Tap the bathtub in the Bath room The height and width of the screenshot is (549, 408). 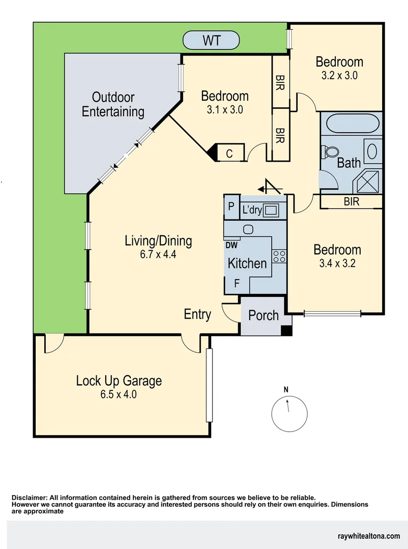pos(352,124)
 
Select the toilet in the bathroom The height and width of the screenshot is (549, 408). pos(331,151)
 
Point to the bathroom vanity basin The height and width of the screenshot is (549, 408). pos(372,151)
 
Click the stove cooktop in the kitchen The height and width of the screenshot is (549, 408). pos(279,256)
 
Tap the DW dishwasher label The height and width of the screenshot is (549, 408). pos(231,245)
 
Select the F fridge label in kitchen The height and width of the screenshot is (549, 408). pos(237,284)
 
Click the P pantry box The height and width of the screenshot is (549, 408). pos(230,207)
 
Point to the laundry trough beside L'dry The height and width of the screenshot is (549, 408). pos(270,209)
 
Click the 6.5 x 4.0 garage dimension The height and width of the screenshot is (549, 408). pos(119,394)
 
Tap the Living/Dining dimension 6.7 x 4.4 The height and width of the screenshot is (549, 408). pos(158,255)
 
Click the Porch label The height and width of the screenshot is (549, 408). pos(263,316)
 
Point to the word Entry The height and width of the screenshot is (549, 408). pos(197,315)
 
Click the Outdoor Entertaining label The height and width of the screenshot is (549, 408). pos(113,104)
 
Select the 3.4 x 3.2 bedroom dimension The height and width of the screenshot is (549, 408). pos(337,264)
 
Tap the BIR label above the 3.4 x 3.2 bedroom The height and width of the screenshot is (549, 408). pos(351,202)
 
